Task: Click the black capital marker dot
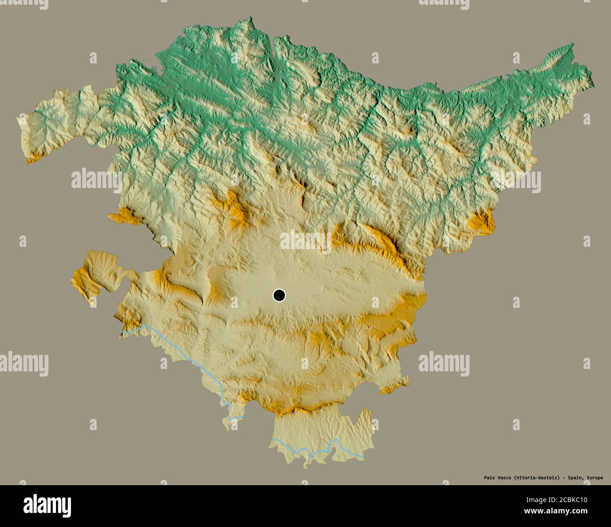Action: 279,295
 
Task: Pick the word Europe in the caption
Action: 595,478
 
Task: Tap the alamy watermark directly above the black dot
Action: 305,241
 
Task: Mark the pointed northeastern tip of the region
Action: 572,45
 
